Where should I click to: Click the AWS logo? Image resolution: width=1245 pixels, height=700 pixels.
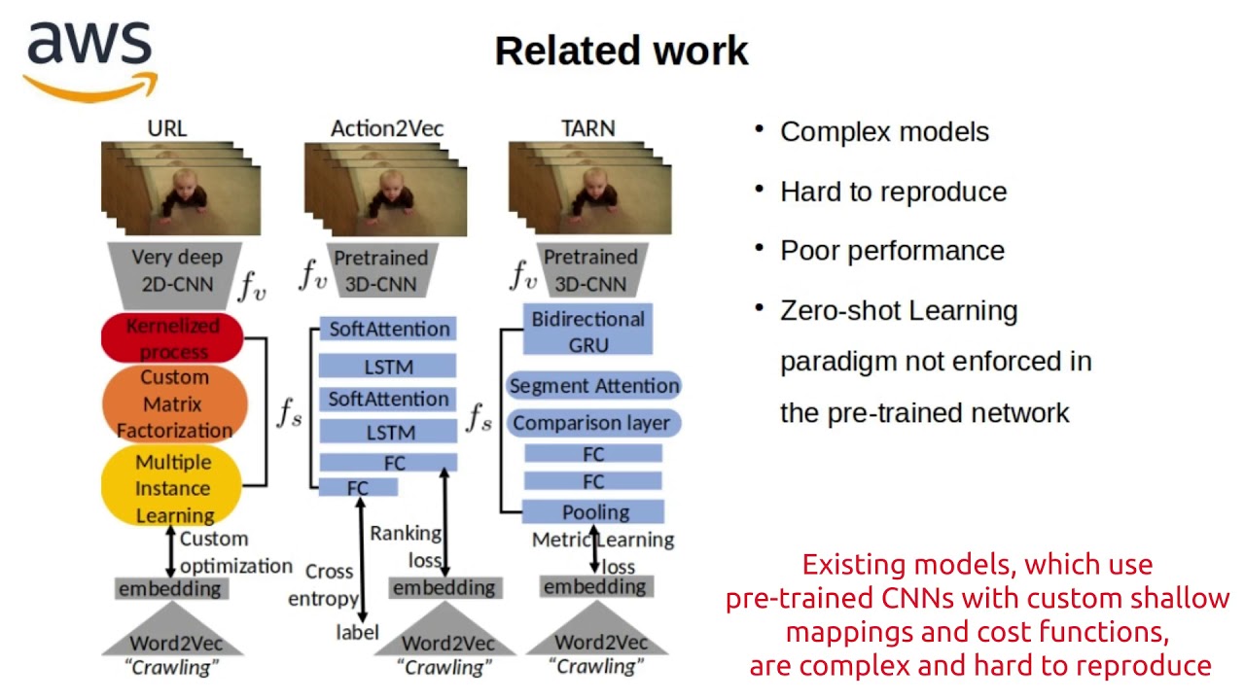click(89, 60)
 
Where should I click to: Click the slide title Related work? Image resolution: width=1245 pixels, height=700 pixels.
click(622, 51)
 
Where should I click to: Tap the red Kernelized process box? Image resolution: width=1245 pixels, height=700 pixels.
click(172, 338)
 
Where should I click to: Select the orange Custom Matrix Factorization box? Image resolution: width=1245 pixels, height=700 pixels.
click(175, 403)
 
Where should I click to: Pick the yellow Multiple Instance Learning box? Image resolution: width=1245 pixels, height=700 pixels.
click(172, 487)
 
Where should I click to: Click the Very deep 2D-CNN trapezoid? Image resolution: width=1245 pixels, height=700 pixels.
click(176, 271)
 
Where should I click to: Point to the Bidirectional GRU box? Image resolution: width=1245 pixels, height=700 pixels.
click(587, 332)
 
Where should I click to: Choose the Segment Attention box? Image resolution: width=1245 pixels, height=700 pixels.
click(593, 386)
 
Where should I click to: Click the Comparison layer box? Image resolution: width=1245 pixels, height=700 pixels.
click(591, 423)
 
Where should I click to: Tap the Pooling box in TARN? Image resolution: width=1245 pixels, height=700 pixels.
click(593, 512)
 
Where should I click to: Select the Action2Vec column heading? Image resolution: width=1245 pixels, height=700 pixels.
click(387, 128)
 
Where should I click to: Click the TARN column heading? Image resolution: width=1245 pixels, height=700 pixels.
click(587, 128)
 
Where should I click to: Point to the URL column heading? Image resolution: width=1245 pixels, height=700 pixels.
click(167, 128)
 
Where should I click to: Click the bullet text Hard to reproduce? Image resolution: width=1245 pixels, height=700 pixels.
click(893, 192)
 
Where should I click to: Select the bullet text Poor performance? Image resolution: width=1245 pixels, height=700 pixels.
click(892, 251)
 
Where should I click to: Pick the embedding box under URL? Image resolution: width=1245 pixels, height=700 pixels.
click(170, 588)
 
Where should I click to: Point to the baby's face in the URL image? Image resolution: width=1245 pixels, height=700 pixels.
click(185, 185)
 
